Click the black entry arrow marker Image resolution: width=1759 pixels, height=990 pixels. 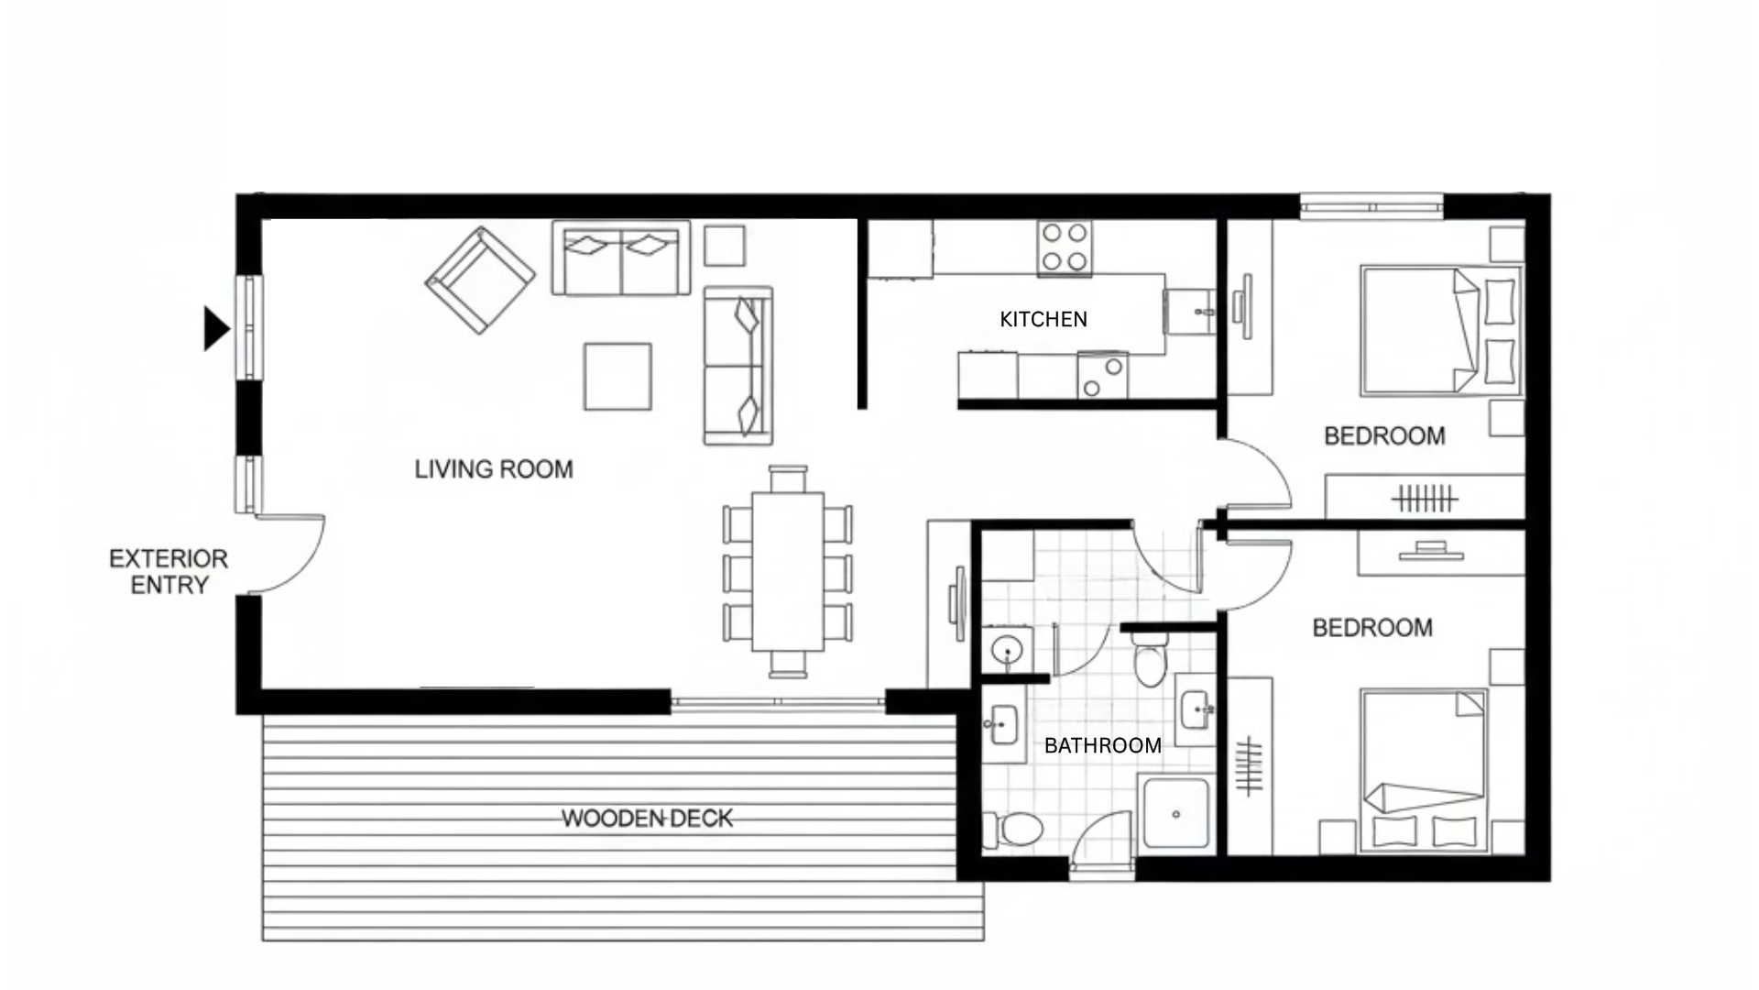[x=215, y=328]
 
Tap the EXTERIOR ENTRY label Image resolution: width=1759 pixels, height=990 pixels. [x=169, y=572]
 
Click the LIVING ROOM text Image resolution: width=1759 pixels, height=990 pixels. [x=494, y=469]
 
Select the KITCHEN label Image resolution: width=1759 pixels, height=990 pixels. [x=1043, y=319]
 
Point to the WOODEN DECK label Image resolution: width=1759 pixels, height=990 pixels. [x=647, y=818]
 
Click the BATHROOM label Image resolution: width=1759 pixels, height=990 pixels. [x=1102, y=745]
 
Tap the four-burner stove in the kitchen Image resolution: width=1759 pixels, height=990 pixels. [x=1065, y=247]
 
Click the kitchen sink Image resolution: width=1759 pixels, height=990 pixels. [x=1190, y=312]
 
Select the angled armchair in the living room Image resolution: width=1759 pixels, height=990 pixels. [x=480, y=280]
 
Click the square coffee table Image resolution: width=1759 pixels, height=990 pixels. [x=617, y=376]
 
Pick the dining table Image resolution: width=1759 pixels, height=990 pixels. [x=788, y=571]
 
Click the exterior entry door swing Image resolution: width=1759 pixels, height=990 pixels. [x=293, y=555]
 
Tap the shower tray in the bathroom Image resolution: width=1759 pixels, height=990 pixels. [x=1175, y=813]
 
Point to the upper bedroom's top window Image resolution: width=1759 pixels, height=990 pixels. [x=1371, y=206]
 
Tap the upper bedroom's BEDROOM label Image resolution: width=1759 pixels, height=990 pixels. [x=1384, y=435]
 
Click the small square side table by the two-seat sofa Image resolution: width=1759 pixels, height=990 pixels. [x=724, y=246]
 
